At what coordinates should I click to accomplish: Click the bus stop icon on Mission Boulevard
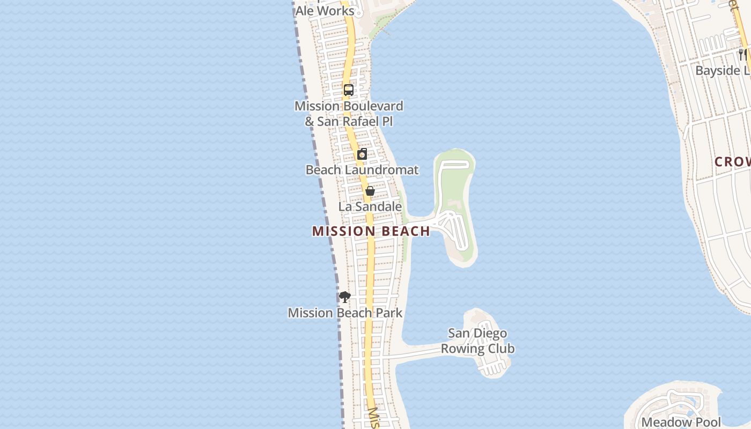click(x=349, y=90)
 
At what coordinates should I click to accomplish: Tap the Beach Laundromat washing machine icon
click(x=363, y=154)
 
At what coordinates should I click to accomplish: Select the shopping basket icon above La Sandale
click(x=370, y=191)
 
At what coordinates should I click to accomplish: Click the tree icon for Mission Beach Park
click(x=345, y=297)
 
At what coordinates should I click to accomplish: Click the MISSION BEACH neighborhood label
click(x=371, y=231)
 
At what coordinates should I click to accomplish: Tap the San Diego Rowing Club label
click(x=477, y=341)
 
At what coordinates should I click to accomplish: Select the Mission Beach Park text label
click(x=345, y=313)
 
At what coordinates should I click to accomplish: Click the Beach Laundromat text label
click(x=362, y=170)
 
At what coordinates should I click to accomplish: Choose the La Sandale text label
click(x=370, y=206)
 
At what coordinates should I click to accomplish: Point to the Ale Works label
click(x=325, y=11)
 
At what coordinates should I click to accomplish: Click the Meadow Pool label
click(x=681, y=422)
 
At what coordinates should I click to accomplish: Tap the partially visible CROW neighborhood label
click(x=733, y=162)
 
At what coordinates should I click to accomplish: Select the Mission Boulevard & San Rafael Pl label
click(x=349, y=114)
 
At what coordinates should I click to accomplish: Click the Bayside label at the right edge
click(x=723, y=71)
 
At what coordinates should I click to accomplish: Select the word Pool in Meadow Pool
click(x=706, y=422)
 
